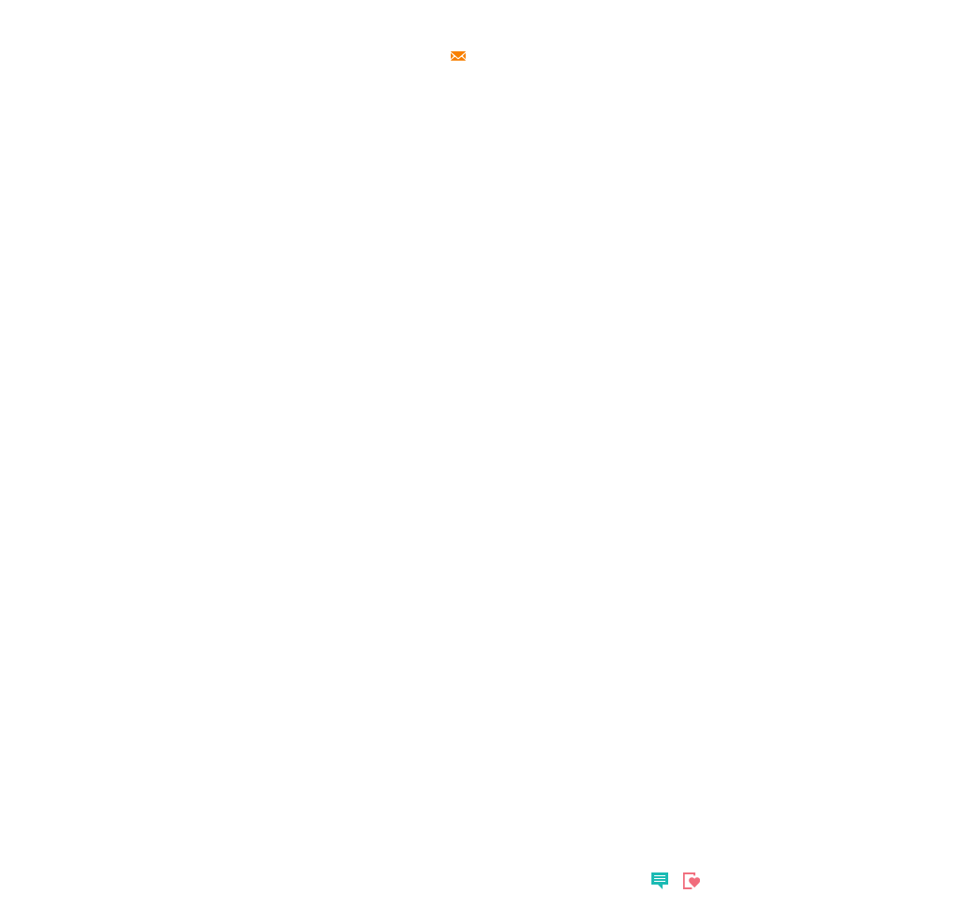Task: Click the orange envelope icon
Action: click(x=458, y=56)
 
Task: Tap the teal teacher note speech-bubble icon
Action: click(x=660, y=880)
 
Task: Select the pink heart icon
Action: click(x=692, y=880)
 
